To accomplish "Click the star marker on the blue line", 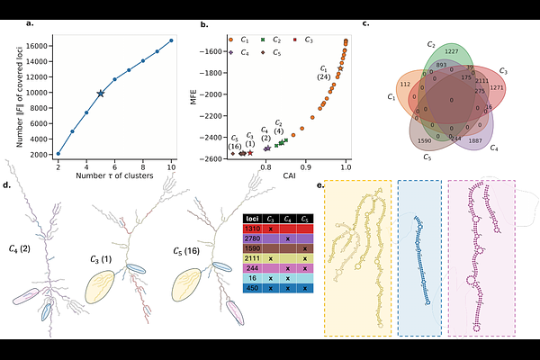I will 101,94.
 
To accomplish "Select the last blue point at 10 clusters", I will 171,40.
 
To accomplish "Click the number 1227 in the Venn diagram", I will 452,52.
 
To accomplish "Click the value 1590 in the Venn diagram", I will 426,141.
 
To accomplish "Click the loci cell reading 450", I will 254,287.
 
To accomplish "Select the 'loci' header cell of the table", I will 254,219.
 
